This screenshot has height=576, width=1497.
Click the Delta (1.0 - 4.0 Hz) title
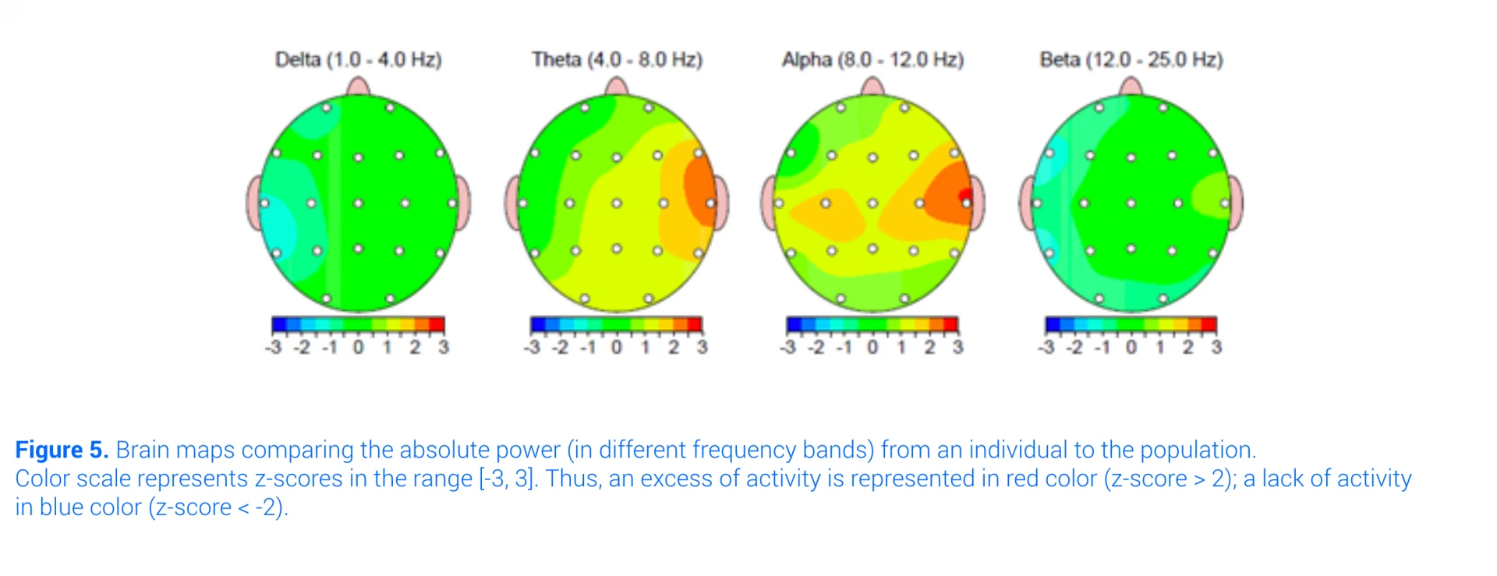tap(358, 60)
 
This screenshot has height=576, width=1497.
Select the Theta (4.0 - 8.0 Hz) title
tap(617, 60)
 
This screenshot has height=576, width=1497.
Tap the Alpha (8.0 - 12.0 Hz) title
tap(872, 60)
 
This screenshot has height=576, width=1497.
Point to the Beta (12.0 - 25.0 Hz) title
tap(1131, 60)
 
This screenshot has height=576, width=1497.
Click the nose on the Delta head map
tap(358, 86)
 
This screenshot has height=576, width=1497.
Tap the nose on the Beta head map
tap(1131, 86)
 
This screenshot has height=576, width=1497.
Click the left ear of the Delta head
tap(254, 203)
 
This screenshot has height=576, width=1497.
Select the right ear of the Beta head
tap(1236, 203)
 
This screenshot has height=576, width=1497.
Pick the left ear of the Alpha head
tap(769, 203)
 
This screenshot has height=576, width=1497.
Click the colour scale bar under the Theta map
tap(616, 324)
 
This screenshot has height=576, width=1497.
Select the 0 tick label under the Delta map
tap(358, 347)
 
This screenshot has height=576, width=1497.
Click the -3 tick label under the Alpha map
tap(788, 347)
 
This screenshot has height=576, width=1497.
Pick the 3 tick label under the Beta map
tap(1216, 347)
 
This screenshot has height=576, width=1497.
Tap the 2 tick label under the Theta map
tap(674, 347)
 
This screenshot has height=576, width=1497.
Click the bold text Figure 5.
tap(62, 450)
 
